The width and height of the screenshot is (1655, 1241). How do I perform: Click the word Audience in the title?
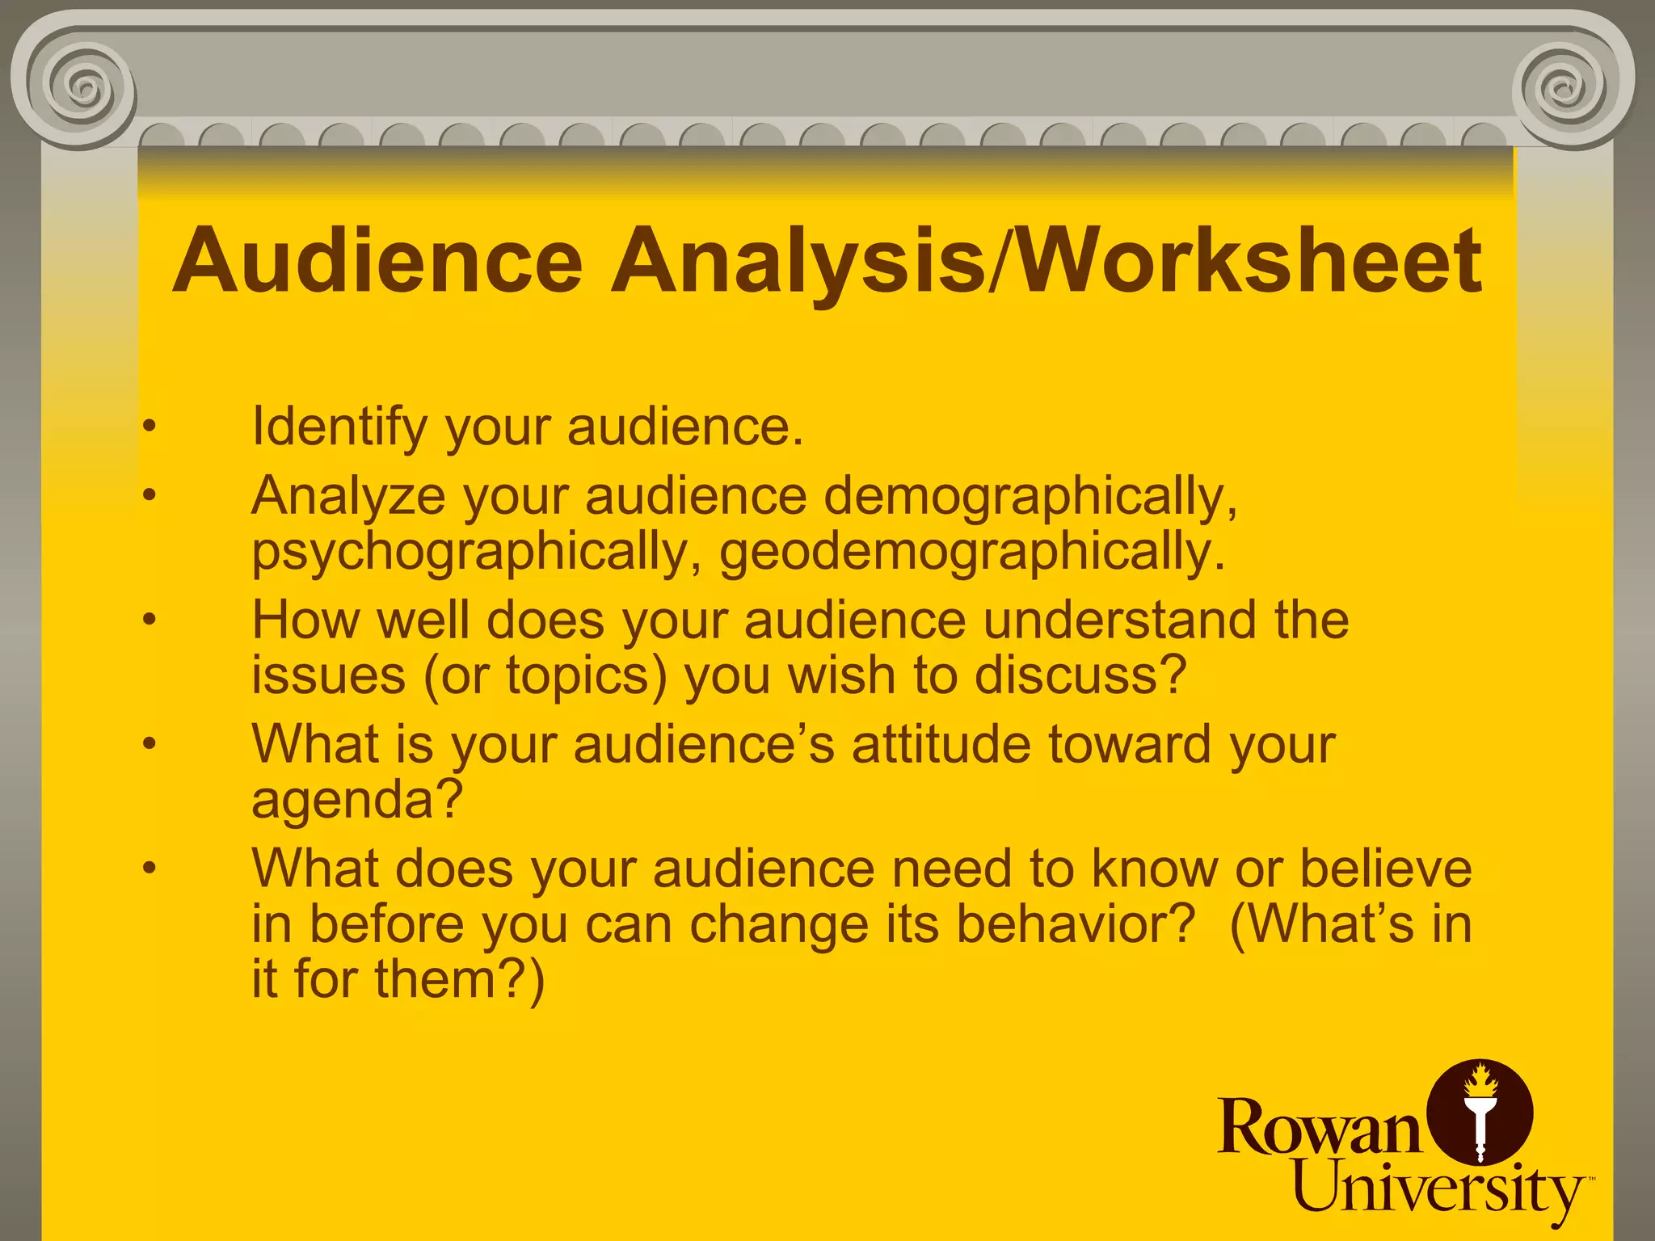click(x=377, y=261)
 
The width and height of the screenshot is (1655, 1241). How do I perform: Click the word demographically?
click(x=1031, y=497)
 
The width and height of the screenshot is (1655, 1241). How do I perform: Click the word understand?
click(x=1120, y=620)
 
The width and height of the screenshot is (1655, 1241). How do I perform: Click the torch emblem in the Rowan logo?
click(x=1480, y=1113)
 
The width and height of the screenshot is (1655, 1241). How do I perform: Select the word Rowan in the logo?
click(x=1319, y=1127)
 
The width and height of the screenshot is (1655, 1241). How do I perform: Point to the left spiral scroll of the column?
click(x=81, y=85)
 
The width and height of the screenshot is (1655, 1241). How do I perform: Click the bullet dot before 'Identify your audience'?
click(x=149, y=426)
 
